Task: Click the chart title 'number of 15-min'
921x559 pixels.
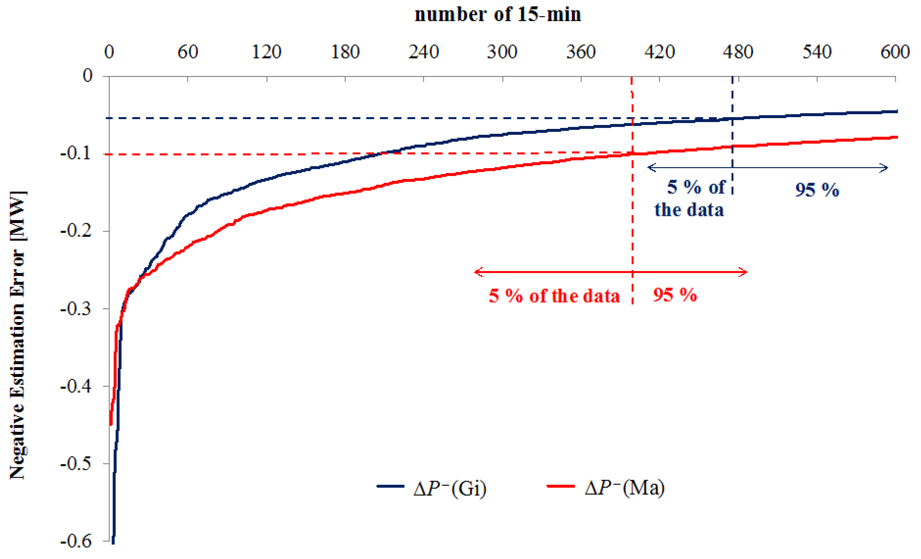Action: coord(498,15)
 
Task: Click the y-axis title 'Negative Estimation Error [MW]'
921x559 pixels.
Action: coord(18,335)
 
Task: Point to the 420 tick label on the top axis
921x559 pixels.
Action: coord(659,52)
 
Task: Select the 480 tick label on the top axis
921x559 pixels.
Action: coord(738,52)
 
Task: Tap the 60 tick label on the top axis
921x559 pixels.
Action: coord(188,52)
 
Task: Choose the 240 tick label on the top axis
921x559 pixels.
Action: coord(423,52)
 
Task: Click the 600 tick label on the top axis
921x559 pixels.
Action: coord(895,52)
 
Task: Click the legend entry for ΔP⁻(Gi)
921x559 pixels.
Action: coord(432,488)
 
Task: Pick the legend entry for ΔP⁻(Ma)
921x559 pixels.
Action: coord(606,488)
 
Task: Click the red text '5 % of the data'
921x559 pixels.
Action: coord(554,296)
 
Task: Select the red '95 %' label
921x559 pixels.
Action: coord(675,295)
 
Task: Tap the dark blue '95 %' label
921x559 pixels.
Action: coord(817,190)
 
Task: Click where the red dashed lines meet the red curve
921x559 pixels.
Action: coord(632,153)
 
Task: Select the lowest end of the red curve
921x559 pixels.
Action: coord(111,425)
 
